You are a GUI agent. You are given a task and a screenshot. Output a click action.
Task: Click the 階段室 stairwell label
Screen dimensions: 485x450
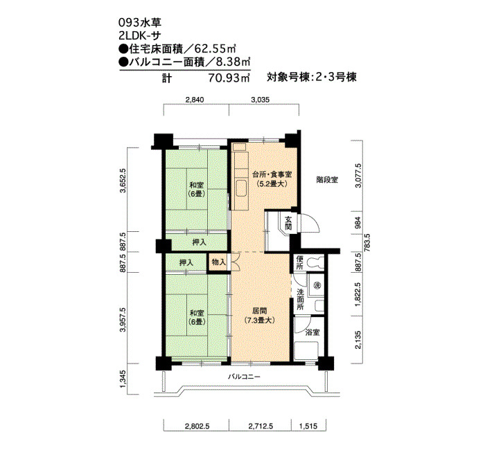pos(327,179)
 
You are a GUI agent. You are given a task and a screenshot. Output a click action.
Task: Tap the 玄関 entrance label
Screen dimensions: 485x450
pos(288,224)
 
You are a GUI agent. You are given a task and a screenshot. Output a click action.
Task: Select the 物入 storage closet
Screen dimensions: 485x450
pos(219,262)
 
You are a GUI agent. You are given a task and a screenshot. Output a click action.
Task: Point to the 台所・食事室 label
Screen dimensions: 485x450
pos(272,174)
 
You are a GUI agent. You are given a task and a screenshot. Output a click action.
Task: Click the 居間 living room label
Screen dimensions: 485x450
pos(259,311)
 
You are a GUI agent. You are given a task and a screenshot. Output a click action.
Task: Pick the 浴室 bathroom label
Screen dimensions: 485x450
pos(312,332)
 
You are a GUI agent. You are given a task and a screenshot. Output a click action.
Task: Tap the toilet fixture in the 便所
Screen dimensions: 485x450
pos(315,262)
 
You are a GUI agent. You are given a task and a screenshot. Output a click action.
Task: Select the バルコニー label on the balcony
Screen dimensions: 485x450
pos(245,377)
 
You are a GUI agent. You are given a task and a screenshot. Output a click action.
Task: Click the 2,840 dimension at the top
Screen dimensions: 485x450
pos(195,100)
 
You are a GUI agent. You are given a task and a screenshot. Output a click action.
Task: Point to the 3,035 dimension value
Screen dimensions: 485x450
pos(260,100)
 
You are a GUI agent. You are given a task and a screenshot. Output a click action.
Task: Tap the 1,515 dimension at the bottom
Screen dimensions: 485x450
pos(308,426)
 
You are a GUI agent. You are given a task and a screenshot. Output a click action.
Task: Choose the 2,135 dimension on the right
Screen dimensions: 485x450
pos(358,340)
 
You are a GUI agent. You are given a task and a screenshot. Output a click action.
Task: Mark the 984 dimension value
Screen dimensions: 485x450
pos(358,222)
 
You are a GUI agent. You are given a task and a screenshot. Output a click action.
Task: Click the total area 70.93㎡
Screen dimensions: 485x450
pos(229,78)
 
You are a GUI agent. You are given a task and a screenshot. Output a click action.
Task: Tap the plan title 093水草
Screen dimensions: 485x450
pos(140,23)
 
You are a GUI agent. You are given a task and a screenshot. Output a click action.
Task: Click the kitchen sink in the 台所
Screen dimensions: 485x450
pos(242,188)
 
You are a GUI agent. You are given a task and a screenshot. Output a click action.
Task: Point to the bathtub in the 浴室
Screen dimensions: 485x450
pos(306,350)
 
